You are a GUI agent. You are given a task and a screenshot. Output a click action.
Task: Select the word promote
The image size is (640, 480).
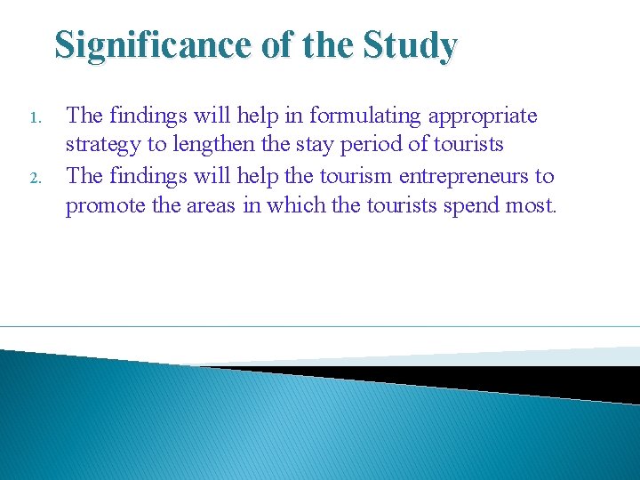(105, 206)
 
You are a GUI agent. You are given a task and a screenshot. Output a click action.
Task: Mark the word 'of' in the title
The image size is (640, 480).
(278, 44)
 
